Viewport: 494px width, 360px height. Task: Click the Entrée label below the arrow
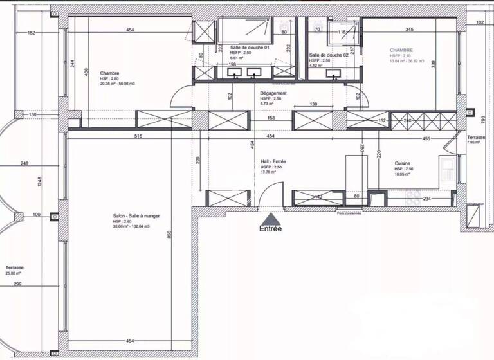tap(270, 228)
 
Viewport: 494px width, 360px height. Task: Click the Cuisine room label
tap(403, 164)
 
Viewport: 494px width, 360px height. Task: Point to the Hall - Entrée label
tap(273, 161)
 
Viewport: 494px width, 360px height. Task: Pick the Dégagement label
tap(273, 93)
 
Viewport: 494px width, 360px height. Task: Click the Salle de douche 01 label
tap(249, 48)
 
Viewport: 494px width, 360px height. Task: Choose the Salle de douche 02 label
tap(328, 55)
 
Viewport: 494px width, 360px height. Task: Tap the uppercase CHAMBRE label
tap(401, 50)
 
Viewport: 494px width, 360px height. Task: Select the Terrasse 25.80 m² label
tap(15, 267)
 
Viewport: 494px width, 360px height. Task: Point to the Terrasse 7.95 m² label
tap(476, 138)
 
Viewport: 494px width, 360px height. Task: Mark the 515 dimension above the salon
tap(133, 137)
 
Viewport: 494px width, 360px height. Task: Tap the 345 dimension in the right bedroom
tap(409, 30)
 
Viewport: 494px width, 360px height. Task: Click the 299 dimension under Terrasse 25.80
tap(17, 284)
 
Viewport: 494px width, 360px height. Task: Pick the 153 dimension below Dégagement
tap(271, 118)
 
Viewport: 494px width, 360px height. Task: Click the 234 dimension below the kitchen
tap(426, 199)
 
